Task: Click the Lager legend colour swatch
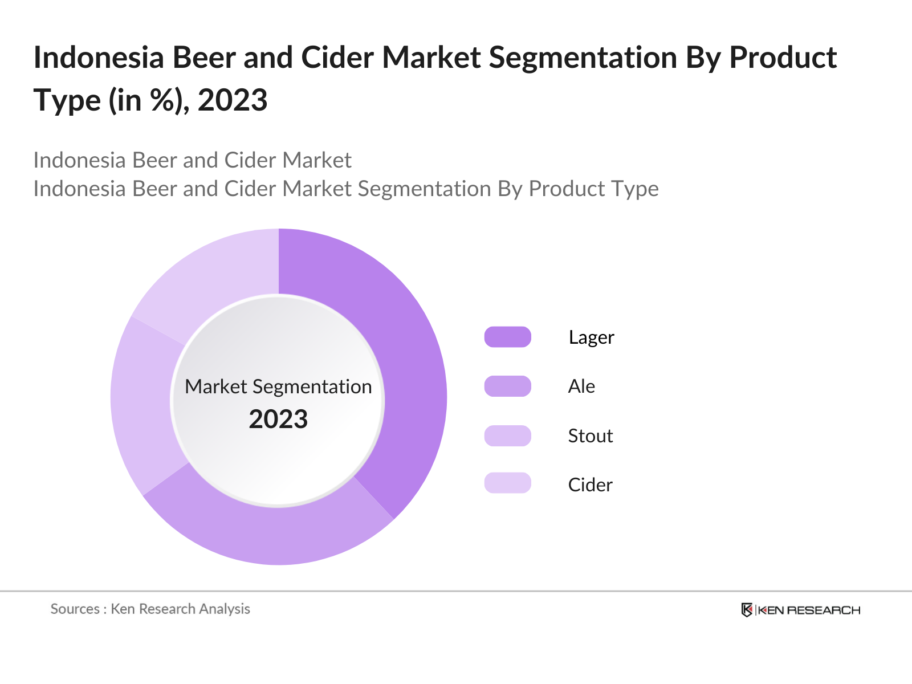tap(507, 337)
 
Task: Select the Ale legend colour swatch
tap(507, 386)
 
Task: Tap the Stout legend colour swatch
tap(507, 435)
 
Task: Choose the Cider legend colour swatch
tap(507, 483)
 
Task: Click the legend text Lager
tap(591, 337)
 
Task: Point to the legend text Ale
tap(581, 386)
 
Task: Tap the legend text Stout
tap(591, 436)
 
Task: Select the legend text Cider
tap(590, 485)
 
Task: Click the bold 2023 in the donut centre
tap(278, 420)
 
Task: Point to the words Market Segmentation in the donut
tap(278, 386)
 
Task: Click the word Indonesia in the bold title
tap(99, 58)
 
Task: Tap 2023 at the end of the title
tap(233, 100)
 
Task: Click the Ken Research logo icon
tap(747, 610)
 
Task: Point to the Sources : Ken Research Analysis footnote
tap(150, 609)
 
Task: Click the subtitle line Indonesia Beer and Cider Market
tap(192, 160)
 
